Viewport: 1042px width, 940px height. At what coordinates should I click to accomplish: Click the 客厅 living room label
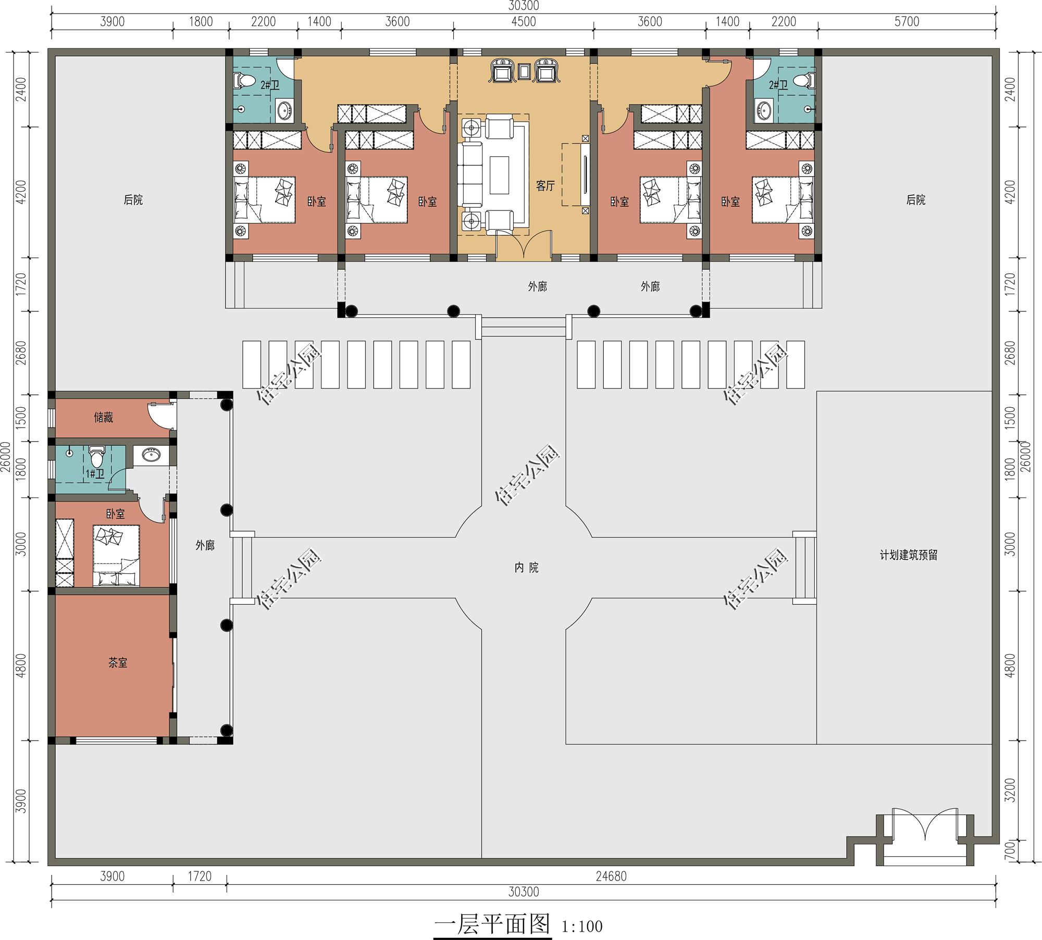[545, 186]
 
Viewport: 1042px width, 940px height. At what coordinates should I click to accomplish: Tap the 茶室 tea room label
[118, 662]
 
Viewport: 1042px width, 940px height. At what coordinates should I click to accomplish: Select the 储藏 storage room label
[103, 417]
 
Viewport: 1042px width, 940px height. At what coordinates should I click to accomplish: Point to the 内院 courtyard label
[526, 568]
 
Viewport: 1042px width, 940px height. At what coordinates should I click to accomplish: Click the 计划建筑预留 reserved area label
[909, 555]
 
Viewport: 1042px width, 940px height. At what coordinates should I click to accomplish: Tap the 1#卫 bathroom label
[95, 474]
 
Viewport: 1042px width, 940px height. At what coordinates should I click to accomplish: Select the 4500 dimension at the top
[524, 22]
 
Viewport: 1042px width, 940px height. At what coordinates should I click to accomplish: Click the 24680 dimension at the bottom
[611, 876]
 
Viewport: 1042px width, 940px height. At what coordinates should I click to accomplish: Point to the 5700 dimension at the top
[907, 22]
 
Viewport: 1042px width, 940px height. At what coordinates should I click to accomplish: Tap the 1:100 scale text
[582, 926]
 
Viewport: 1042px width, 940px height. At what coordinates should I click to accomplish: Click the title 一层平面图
[492, 924]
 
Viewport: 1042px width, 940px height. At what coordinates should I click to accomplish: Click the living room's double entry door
[524, 245]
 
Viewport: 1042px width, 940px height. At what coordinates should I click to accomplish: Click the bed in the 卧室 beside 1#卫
[117, 556]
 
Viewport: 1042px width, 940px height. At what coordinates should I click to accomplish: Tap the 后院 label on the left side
[133, 200]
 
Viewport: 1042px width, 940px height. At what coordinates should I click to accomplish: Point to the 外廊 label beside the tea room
[205, 545]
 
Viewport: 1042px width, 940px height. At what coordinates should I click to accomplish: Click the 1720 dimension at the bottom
[200, 876]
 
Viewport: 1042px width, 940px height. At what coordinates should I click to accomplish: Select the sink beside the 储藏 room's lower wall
[152, 456]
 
